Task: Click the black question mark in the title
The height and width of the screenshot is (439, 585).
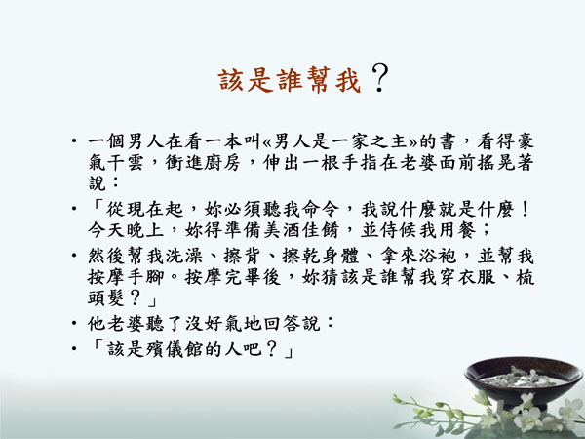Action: pyautogui.click(x=380, y=78)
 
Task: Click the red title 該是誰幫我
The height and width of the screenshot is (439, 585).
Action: pyautogui.click(x=290, y=80)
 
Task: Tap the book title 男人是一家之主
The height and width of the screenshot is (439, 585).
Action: pyautogui.click(x=340, y=141)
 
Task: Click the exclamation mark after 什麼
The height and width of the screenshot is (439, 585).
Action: pyautogui.click(x=525, y=209)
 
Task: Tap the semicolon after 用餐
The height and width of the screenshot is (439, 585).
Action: pyautogui.click(x=486, y=230)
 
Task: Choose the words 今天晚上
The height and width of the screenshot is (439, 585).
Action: pyautogui.click(x=126, y=230)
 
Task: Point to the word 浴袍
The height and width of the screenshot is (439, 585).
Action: pyautogui.click(x=437, y=256)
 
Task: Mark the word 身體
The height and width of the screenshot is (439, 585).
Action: pyautogui.click(x=340, y=256)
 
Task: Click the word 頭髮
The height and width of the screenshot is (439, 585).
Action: pyautogui.click(x=106, y=298)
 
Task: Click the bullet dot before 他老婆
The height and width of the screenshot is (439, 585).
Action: pyautogui.click(x=74, y=323)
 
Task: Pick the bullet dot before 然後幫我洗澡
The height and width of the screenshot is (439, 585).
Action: pyautogui.click(x=74, y=256)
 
